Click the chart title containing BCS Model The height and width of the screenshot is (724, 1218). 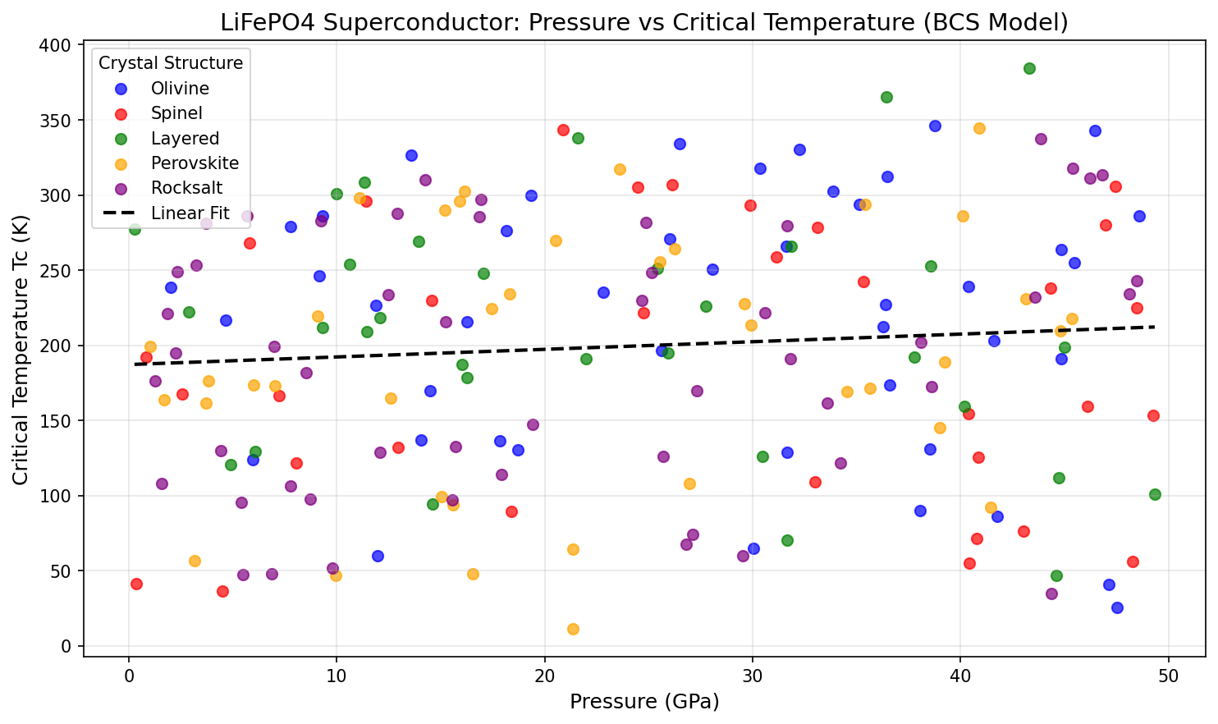(643, 22)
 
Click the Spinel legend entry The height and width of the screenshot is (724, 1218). (176, 113)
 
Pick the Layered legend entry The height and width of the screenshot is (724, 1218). (185, 139)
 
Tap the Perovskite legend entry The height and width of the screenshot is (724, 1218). (195, 163)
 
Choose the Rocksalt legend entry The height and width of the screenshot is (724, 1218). (186, 188)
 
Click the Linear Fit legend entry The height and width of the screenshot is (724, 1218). (190, 213)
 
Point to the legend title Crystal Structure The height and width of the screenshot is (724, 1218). (171, 63)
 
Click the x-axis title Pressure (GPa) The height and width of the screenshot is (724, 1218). (643, 702)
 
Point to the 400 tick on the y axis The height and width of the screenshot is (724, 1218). (55, 45)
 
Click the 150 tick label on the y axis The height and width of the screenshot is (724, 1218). (55, 421)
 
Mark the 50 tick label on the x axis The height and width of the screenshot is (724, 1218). (1169, 676)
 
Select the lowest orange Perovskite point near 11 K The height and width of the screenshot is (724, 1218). (573, 630)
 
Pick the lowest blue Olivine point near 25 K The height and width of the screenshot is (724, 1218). (1117, 608)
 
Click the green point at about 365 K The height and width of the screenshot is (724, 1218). (886, 98)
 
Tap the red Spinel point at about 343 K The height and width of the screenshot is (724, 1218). (563, 131)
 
